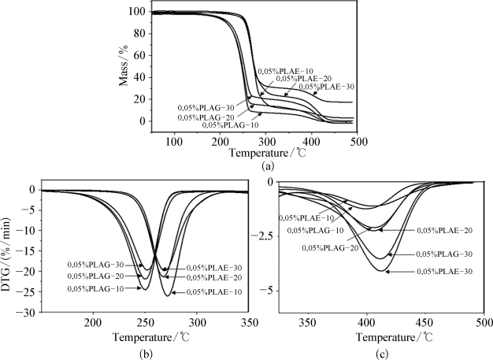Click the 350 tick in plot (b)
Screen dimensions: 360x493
coord(269,324)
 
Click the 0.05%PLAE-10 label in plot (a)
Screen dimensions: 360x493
coord(284,72)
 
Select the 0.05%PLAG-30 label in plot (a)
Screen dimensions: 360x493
coord(202,107)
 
